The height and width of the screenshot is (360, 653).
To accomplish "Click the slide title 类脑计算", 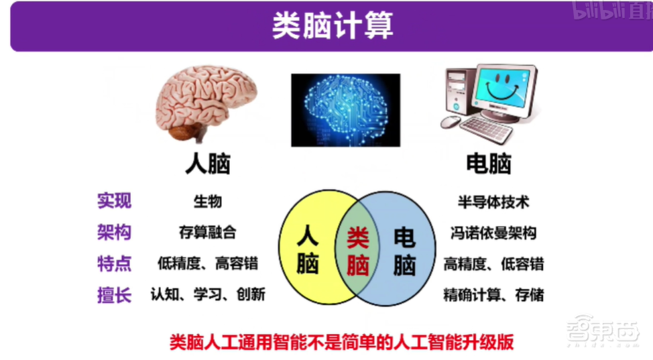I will pos(333,26).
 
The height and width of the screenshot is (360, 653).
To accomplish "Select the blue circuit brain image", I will pos(345,110).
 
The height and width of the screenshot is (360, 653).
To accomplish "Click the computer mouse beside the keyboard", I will pos(451,121).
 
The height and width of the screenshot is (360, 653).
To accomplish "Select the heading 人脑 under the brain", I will pos(208,164).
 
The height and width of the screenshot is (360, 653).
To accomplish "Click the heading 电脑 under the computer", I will pos(489,164).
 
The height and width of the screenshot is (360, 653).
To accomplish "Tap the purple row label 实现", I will pos(114,200).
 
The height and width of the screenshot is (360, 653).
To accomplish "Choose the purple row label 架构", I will pos(114,232).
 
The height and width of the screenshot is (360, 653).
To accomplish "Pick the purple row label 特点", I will pos(114,263).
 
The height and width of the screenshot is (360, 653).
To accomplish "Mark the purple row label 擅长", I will pos(114,294).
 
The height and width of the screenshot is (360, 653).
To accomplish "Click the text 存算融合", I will pos(208,233).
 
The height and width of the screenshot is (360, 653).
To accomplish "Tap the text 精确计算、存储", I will pos(493,294).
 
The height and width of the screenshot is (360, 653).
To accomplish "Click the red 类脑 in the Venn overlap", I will pos(358,251).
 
